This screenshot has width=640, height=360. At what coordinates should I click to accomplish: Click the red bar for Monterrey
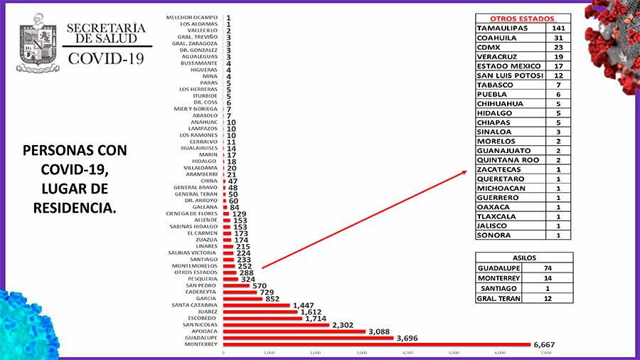[377, 344]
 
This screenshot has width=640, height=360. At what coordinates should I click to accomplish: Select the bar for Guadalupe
[308, 337]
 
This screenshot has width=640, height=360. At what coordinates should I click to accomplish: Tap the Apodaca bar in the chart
[294, 331]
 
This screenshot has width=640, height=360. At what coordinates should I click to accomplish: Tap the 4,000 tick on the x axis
[408, 353]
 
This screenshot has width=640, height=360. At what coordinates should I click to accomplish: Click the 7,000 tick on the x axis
[546, 353]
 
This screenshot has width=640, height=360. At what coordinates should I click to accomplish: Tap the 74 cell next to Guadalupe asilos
[548, 268]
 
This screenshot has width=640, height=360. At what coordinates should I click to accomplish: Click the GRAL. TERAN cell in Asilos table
[498, 298]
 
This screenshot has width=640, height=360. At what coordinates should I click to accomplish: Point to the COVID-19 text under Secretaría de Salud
[105, 58]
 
